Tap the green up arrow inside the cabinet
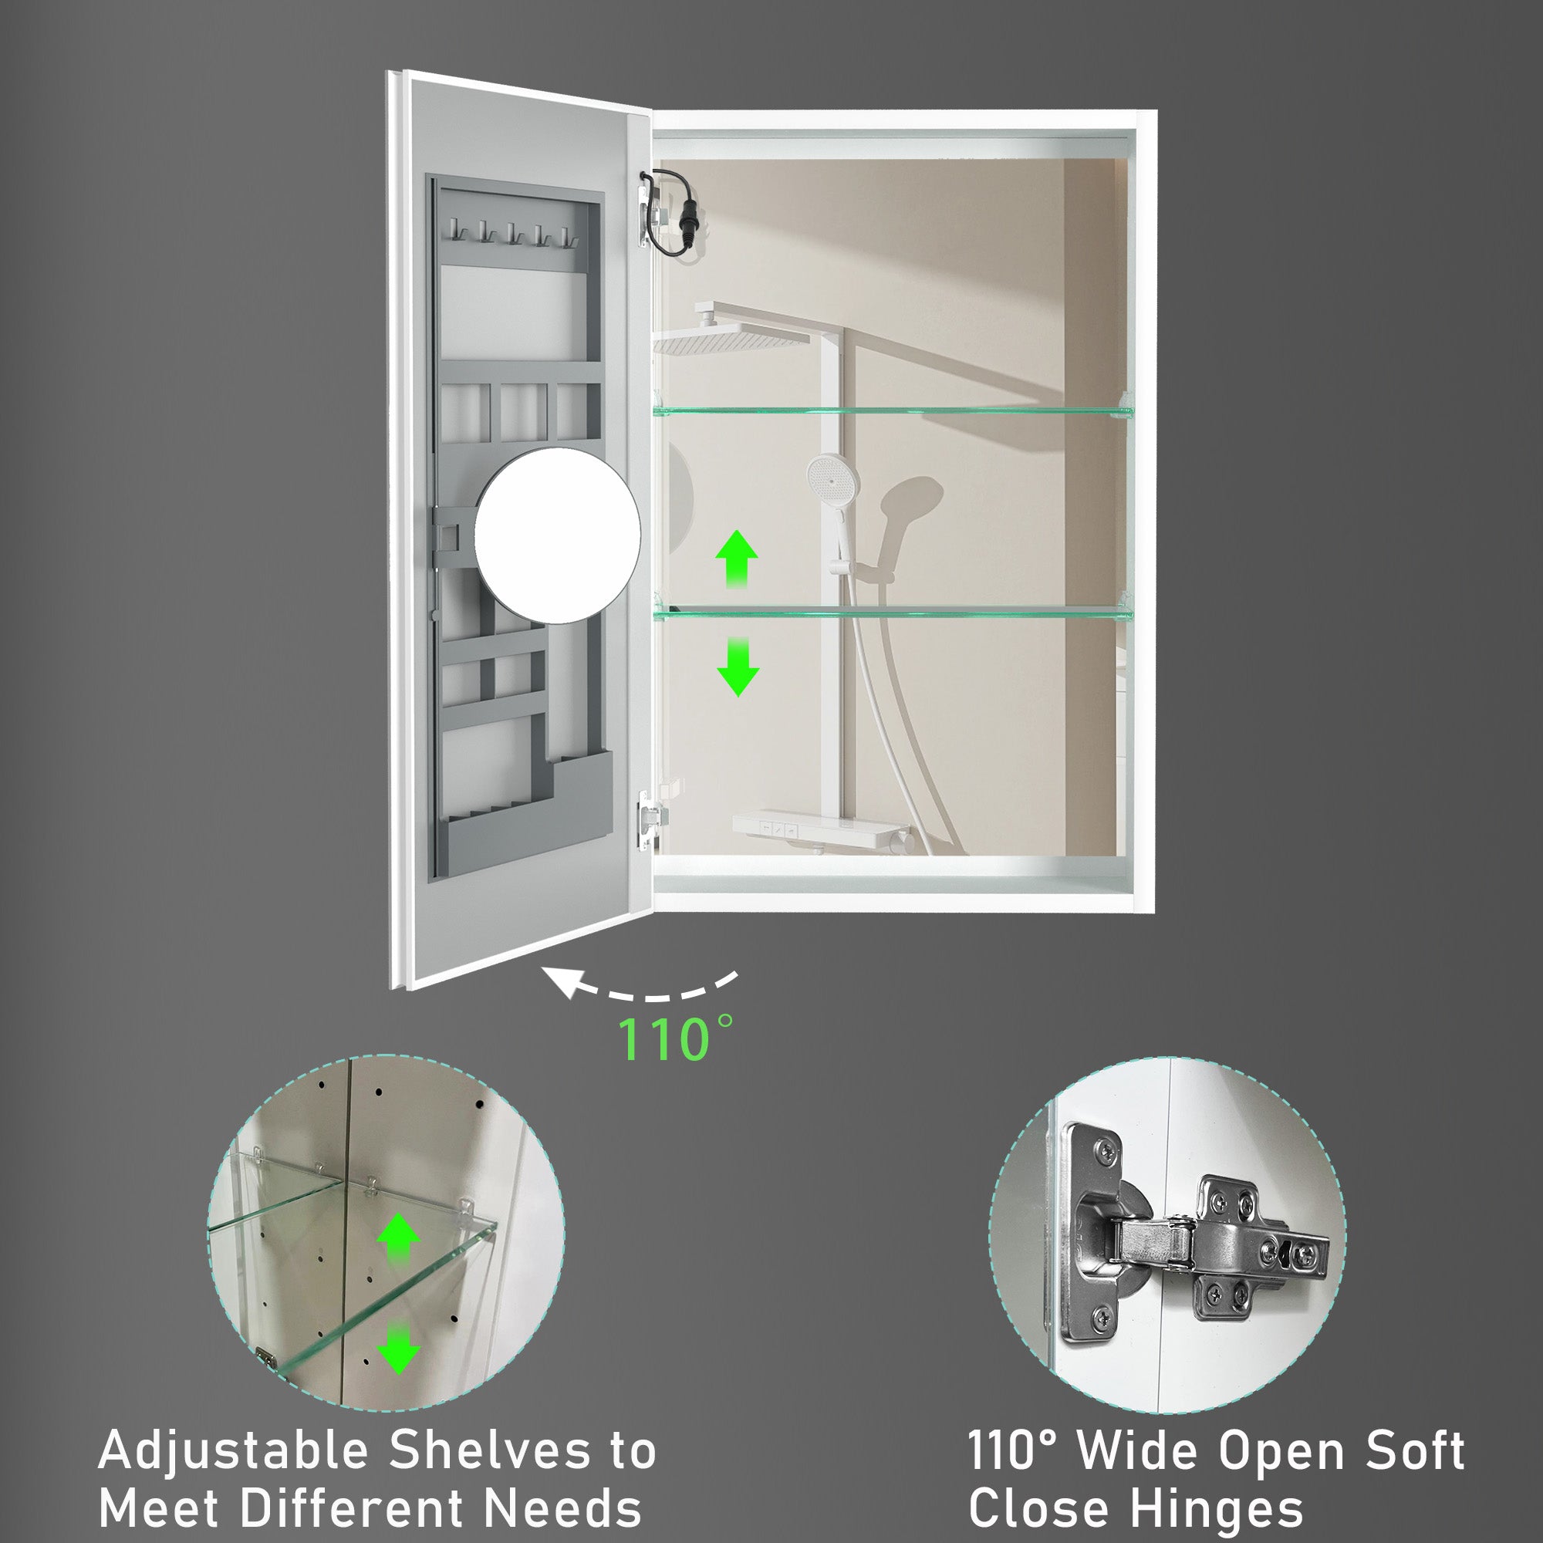(x=736, y=561)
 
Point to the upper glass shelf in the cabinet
(x=893, y=410)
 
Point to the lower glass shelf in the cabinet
(x=893, y=613)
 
